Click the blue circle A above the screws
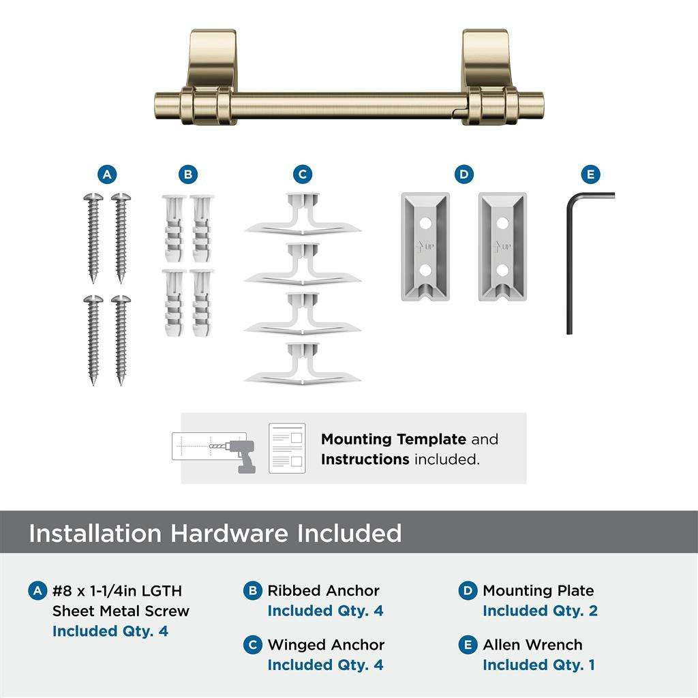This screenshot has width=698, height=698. [x=106, y=174]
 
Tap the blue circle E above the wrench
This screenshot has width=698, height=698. [x=590, y=174]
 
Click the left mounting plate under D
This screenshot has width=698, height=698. [x=424, y=246]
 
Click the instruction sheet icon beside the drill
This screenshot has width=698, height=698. [x=286, y=449]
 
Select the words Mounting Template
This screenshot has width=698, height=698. [x=393, y=440]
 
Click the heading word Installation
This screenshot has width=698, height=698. [x=95, y=533]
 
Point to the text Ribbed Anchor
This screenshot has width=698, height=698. [x=323, y=590]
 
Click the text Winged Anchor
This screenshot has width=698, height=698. [x=326, y=645]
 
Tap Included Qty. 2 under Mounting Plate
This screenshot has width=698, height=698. [x=540, y=611]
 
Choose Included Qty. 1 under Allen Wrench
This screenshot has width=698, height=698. [x=538, y=665]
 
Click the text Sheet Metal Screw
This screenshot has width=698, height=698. [x=121, y=611]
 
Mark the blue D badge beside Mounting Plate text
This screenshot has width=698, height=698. [x=468, y=590]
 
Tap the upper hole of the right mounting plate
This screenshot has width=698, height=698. [x=502, y=223]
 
